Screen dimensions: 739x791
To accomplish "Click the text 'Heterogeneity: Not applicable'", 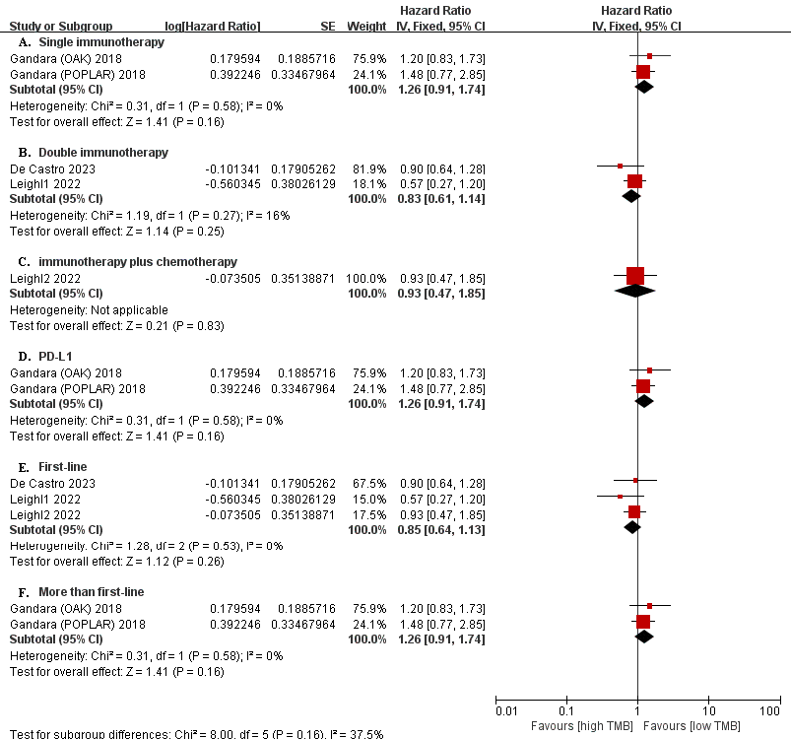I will click(89, 309).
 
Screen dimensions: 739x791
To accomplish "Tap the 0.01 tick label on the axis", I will click(505, 710).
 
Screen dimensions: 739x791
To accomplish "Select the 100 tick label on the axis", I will click(770, 710).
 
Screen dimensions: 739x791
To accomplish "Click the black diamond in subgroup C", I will click(635, 291).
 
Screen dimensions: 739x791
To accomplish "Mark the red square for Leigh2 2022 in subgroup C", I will click(635, 276).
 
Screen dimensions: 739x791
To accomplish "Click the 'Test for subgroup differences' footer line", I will click(197, 733).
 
